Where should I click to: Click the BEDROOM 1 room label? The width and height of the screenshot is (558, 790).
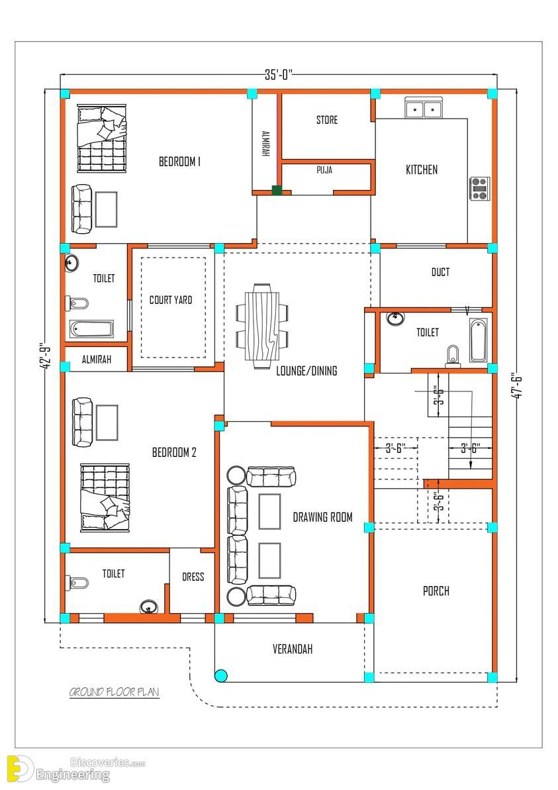pyautogui.click(x=180, y=162)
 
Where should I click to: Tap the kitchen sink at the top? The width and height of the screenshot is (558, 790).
pyautogui.click(x=424, y=109)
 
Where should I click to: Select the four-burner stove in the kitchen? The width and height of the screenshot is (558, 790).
pyautogui.click(x=479, y=189)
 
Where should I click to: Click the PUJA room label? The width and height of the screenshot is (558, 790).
pyautogui.click(x=324, y=170)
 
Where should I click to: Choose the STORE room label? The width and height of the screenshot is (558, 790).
pyautogui.click(x=327, y=120)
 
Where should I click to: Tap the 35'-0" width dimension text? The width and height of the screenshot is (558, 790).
pyautogui.click(x=279, y=75)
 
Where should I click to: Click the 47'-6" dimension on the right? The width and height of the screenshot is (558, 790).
pyautogui.click(x=517, y=386)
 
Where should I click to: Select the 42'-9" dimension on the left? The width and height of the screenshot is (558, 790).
pyautogui.click(x=45, y=356)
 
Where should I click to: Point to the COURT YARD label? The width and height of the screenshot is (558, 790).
pyautogui.click(x=171, y=300)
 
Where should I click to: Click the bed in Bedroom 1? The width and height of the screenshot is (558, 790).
pyautogui.click(x=101, y=138)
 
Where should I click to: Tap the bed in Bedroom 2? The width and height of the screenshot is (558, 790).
pyautogui.click(x=105, y=497)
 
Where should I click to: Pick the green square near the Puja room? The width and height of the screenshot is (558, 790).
pyautogui.click(x=277, y=190)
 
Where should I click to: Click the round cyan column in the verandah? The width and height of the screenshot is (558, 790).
pyautogui.click(x=220, y=675)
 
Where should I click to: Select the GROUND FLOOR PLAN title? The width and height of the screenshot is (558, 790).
pyautogui.click(x=115, y=692)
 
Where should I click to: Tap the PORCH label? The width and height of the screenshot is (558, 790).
pyautogui.click(x=436, y=591)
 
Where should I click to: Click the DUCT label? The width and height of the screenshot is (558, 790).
pyautogui.click(x=440, y=272)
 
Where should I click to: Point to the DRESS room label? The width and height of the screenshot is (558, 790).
pyautogui.click(x=193, y=577)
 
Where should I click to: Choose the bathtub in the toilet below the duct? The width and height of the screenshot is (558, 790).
pyautogui.click(x=478, y=340)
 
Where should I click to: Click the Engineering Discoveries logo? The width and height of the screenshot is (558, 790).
pyautogui.click(x=75, y=769)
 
